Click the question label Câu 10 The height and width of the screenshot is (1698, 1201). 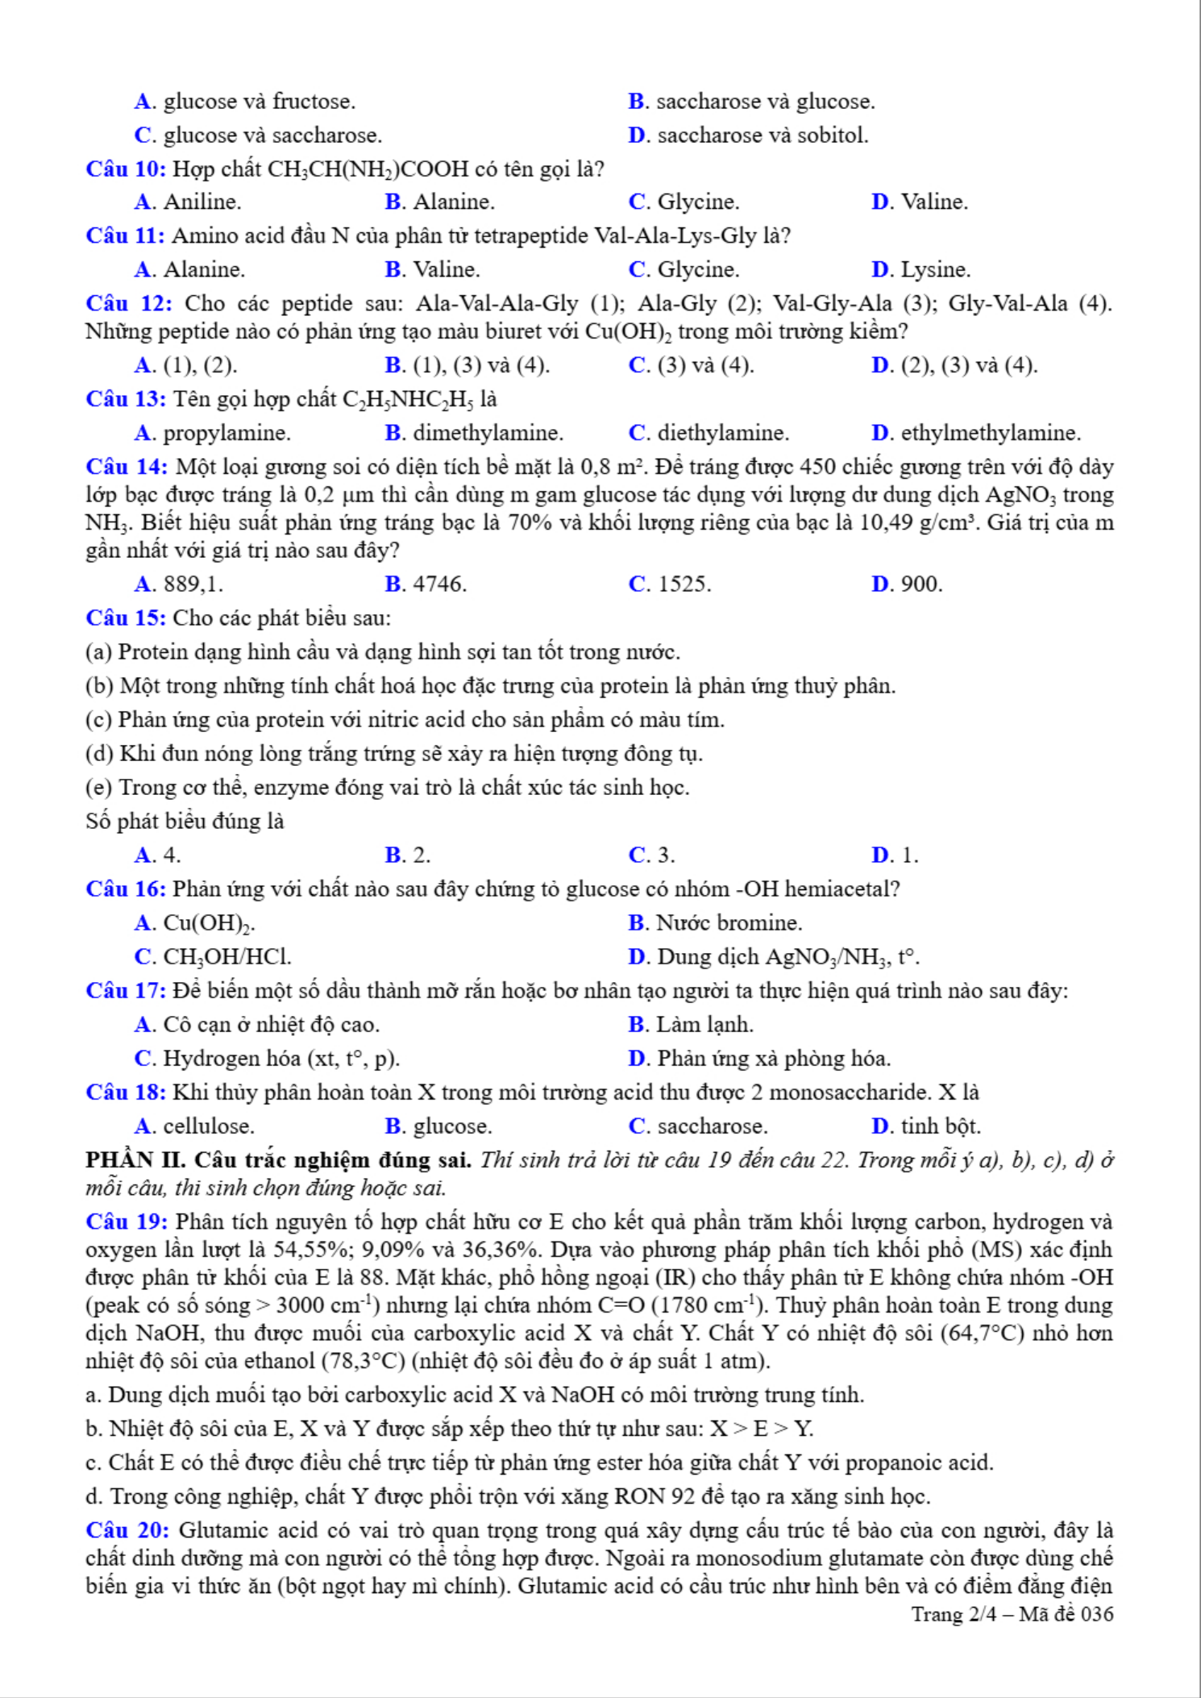click(x=126, y=169)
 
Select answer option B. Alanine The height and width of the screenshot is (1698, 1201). click(x=439, y=202)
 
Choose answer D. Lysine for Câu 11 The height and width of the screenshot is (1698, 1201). click(x=920, y=269)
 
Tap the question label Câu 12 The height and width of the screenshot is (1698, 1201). click(x=129, y=304)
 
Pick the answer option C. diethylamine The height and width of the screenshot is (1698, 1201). click(x=709, y=433)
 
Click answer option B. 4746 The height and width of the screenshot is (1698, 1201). click(x=426, y=584)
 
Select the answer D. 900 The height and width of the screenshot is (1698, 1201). click(x=907, y=584)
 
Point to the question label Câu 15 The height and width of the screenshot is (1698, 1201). click(x=126, y=618)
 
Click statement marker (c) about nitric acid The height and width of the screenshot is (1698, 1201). click(x=99, y=719)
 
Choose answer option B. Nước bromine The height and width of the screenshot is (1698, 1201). click(x=715, y=922)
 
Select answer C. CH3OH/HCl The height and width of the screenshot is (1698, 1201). click(x=213, y=956)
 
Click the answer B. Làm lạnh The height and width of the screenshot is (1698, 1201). click(x=691, y=1024)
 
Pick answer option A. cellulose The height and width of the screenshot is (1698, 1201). click(x=194, y=1126)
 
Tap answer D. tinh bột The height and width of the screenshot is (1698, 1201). click(x=926, y=1126)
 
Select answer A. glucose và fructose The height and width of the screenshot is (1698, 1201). click(x=245, y=102)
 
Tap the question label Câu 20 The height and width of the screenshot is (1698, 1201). click(x=127, y=1530)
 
